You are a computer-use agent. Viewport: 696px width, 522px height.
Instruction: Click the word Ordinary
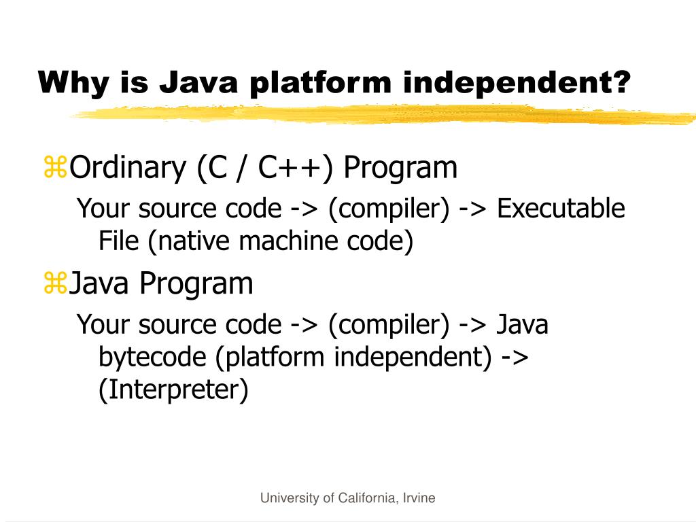tap(127, 168)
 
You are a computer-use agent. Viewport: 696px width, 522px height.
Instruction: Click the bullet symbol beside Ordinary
tap(55, 168)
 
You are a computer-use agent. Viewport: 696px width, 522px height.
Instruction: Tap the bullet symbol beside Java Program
tap(55, 283)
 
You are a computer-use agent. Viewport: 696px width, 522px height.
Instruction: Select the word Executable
tap(561, 209)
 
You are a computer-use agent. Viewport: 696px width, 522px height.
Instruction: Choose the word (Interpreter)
tap(173, 390)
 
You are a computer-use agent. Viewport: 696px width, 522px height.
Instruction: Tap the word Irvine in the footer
tap(418, 498)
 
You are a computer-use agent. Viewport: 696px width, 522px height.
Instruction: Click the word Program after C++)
tap(400, 168)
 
